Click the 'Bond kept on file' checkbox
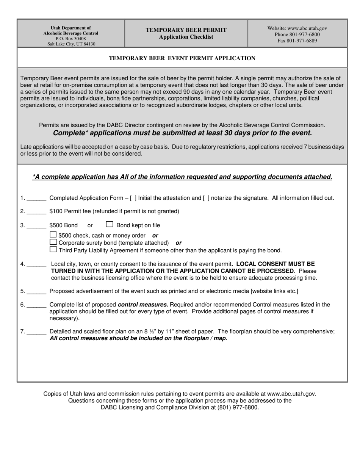110,224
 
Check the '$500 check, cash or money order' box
53,235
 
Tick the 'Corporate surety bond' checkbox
53,242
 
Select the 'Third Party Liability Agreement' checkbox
53,249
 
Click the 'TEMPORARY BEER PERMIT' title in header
186,30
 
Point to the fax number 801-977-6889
297,41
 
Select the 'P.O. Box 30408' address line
70,39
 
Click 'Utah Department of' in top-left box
71,28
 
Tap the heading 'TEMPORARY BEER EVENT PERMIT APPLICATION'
182,58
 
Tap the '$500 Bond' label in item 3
63,225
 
